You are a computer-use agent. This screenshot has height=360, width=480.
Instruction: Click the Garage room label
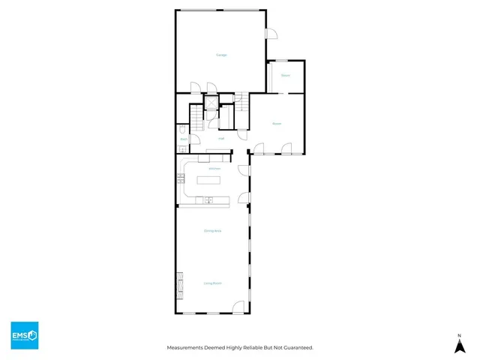(x=221, y=55)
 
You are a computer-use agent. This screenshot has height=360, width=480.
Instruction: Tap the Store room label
(x=286, y=76)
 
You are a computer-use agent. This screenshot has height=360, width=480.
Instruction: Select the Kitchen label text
(x=214, y=169)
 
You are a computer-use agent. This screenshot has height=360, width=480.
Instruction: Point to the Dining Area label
(x=213, y=231)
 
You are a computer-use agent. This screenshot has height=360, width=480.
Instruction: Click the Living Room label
(x=213, y=283)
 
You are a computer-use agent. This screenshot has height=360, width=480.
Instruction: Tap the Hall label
(x=221, y=139)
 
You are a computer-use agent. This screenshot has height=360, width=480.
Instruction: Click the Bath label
(x=183, y=139)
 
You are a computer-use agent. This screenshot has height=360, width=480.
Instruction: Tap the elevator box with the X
(x=211, y=106)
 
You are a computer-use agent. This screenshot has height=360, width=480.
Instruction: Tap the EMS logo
(x=24, y=335)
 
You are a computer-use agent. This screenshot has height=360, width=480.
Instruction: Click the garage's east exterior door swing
(x=271, y=34)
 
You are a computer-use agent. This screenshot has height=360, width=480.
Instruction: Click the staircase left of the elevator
(x=195, y=115)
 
